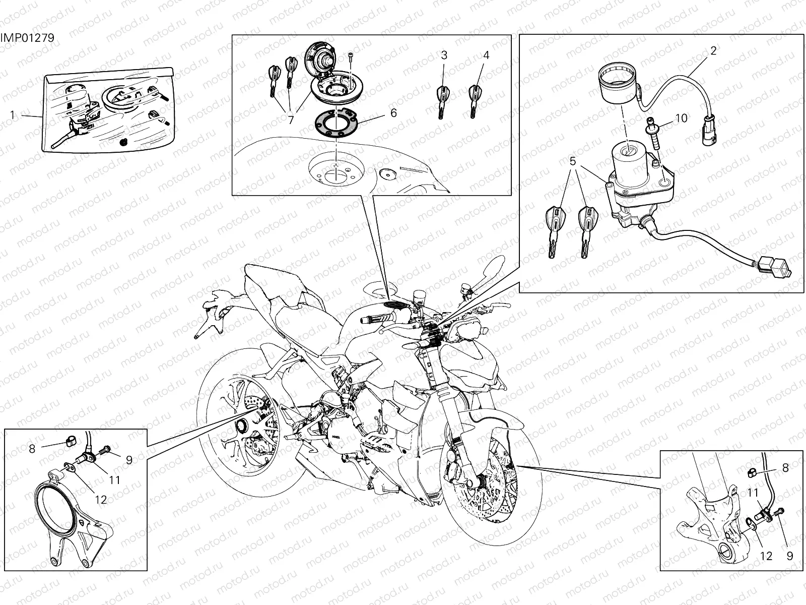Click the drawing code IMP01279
click(x=27, y=38)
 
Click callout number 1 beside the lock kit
click(x=13, y=115)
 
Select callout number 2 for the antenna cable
click(x=713, y=51)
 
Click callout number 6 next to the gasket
click(x=393, y=113)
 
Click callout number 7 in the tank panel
click(x=291, y=120)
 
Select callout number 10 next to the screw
click(x=681, y=118)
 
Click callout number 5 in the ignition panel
click(x=572, y=162)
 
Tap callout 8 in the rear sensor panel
click(x=32, y=448)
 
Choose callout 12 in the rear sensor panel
click(x=101, y=500)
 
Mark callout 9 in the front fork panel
click(x=790, y=556)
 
